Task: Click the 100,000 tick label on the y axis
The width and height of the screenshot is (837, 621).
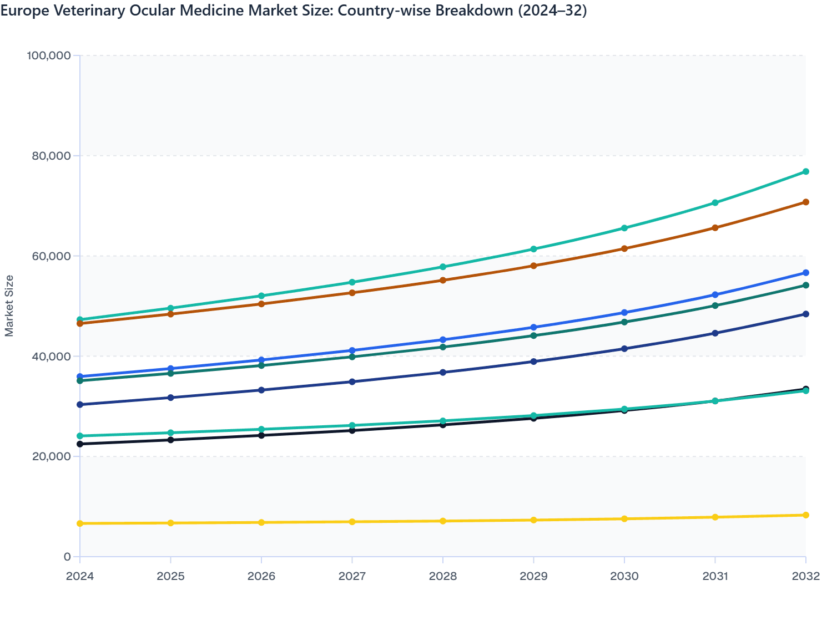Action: point(49,55)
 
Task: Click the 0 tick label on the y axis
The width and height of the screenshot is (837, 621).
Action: point(67,557)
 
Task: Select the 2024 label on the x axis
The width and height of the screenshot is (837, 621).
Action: point(80,576)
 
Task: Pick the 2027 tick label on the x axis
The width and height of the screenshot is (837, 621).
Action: point(352,576)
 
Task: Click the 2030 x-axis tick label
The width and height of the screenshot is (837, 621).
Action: point(624,576)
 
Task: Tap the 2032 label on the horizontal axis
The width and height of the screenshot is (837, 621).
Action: point(806,576)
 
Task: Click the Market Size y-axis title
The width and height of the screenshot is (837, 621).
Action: point(9,306)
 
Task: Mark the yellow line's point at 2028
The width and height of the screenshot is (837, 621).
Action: point(443,521)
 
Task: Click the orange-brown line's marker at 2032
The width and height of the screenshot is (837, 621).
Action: point(806,202)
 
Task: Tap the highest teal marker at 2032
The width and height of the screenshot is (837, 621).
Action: point(806,171)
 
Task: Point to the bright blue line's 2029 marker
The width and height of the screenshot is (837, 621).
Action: point(534,328)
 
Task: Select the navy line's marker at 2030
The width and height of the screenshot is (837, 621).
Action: point(624,349)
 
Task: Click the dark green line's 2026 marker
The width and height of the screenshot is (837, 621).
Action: point(261,365)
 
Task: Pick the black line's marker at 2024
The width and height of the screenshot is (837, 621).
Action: point(80,444)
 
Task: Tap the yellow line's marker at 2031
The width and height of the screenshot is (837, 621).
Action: point(715,517)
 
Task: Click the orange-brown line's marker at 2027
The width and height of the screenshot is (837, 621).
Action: point(352,293)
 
